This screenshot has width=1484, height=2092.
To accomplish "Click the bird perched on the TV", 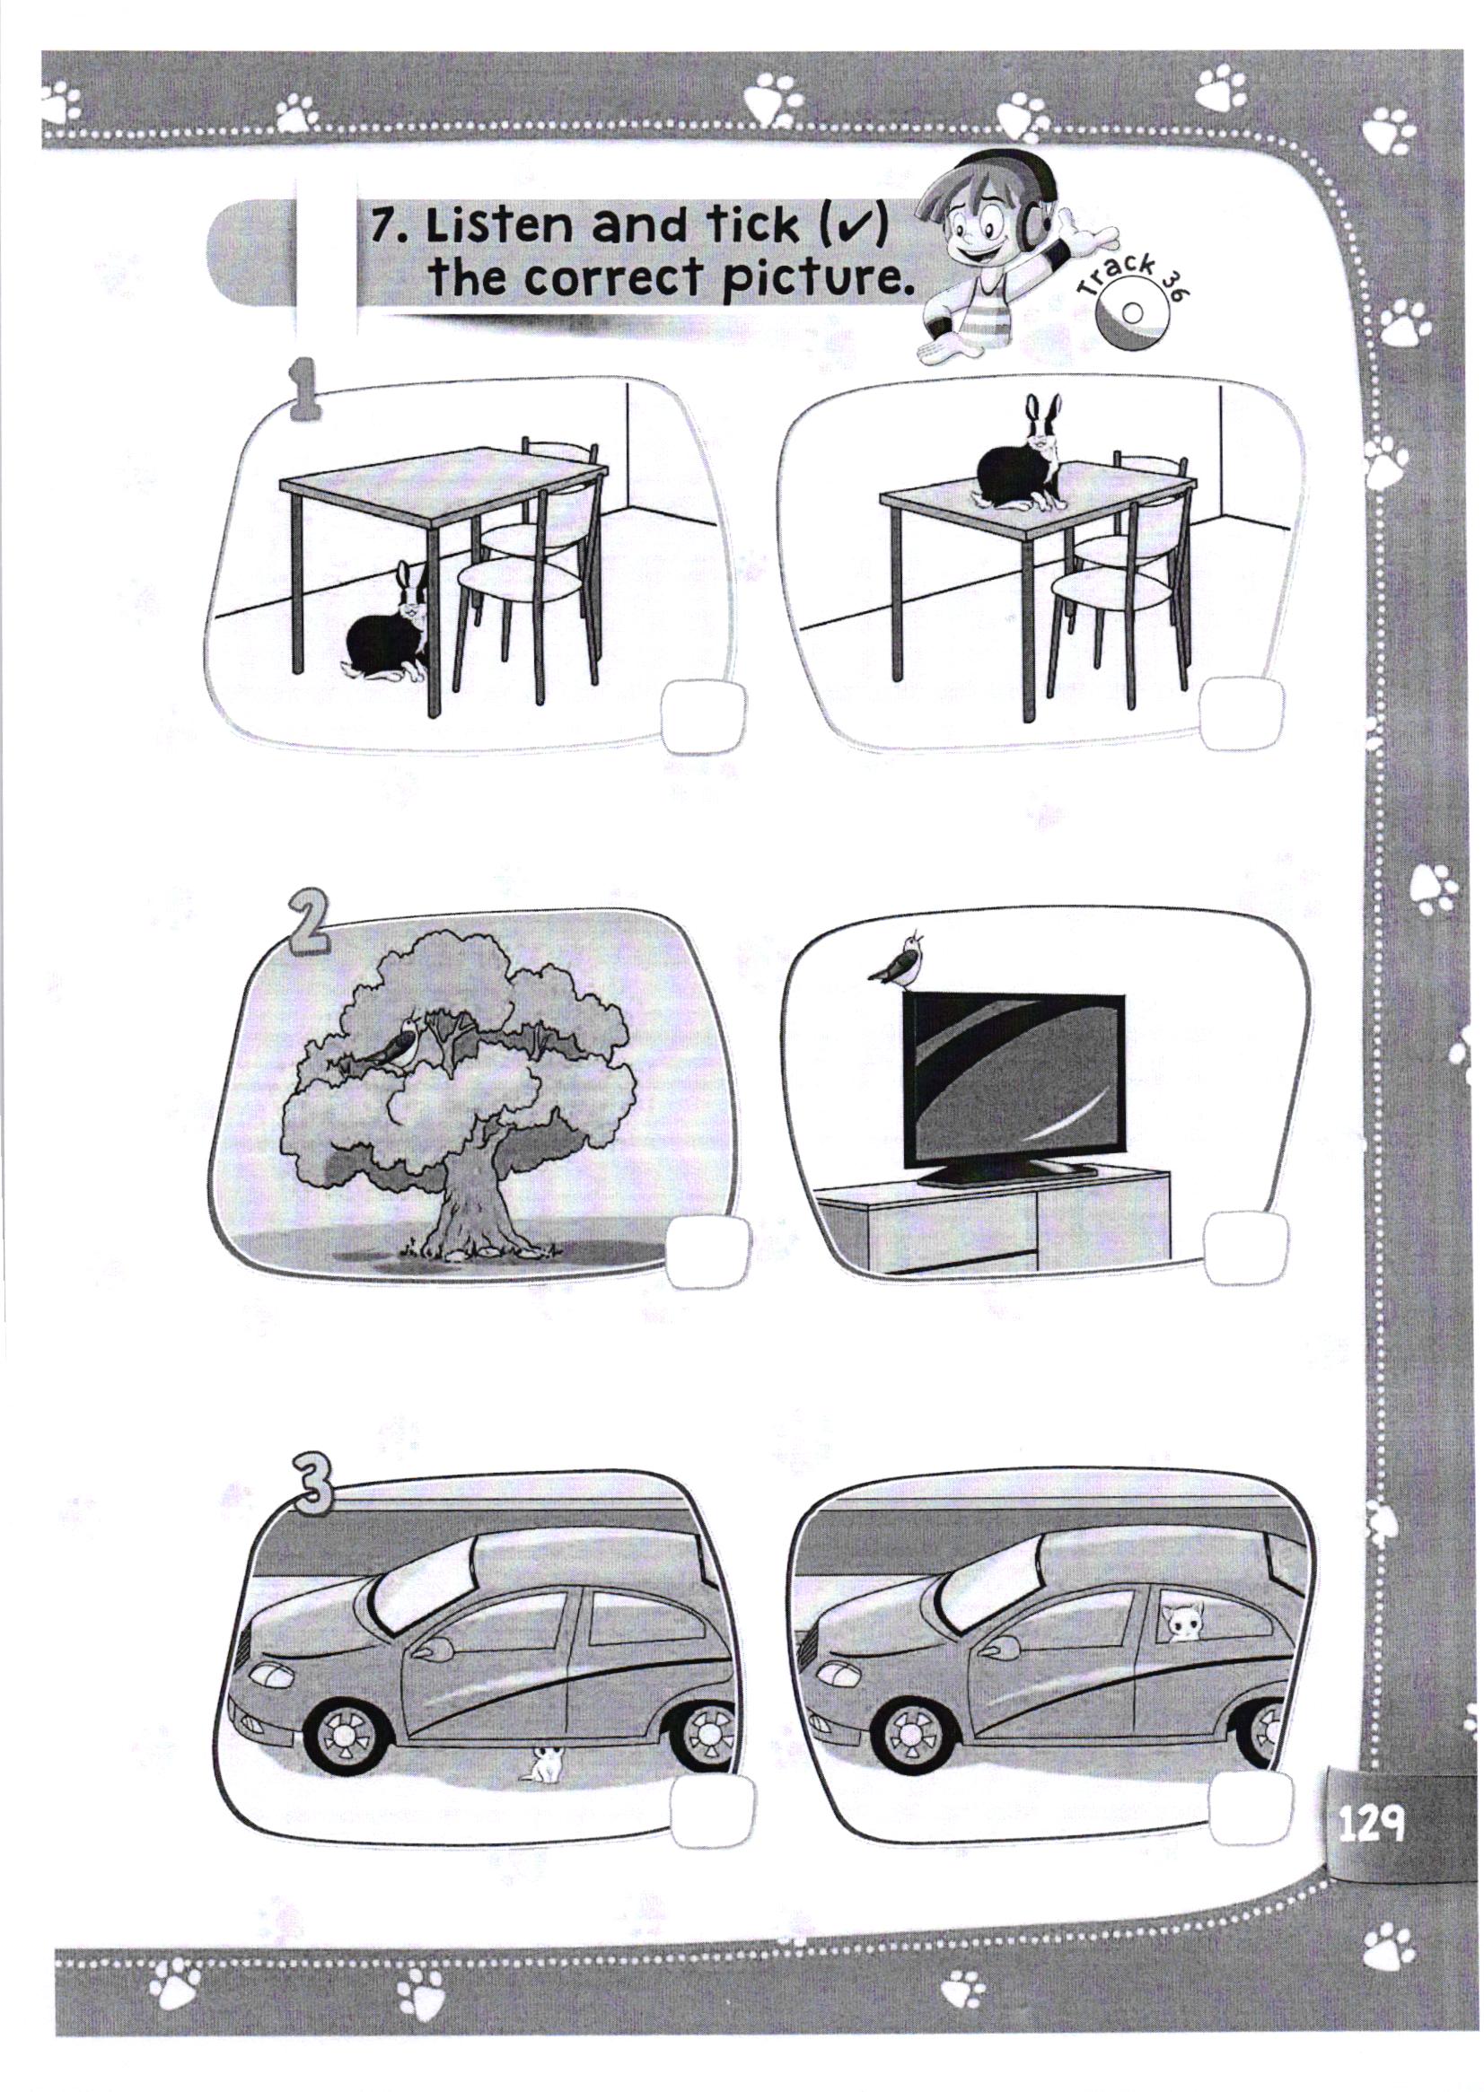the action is pos(901,962).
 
